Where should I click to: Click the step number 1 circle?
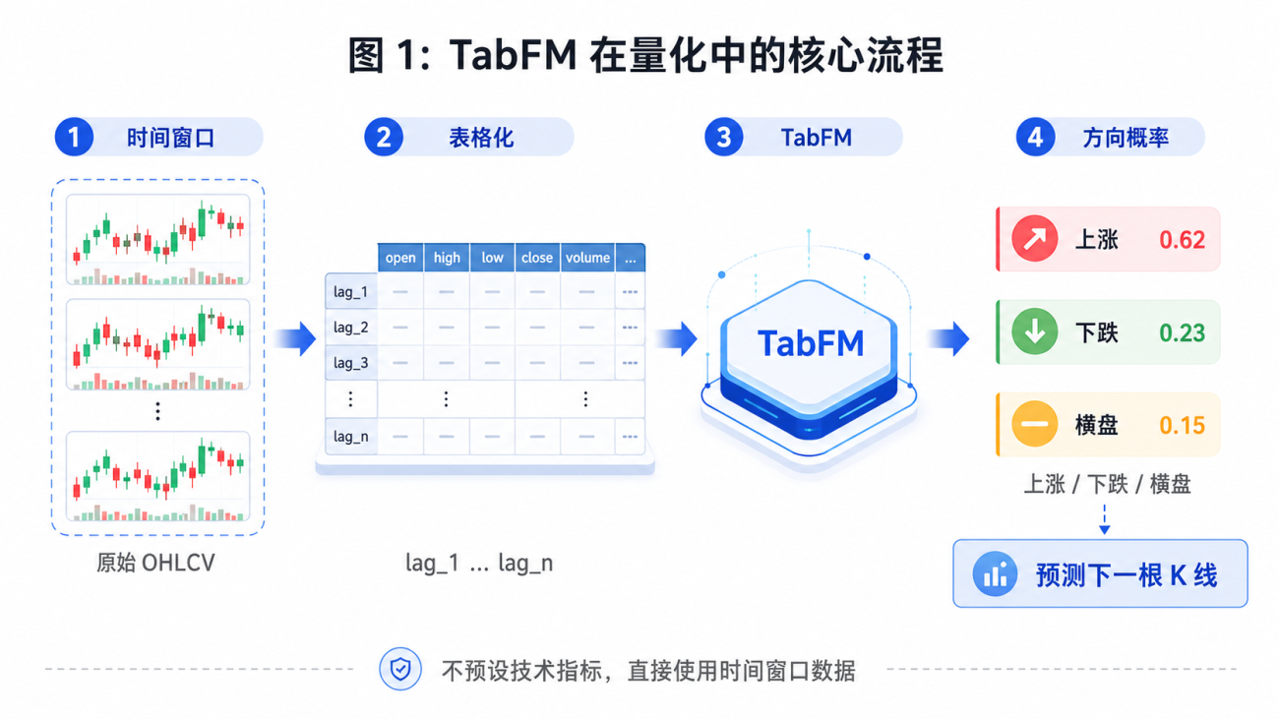click(x=74, y=137)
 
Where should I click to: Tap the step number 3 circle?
click(x=723, y=137)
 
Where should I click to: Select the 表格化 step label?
click(x=481, y=138)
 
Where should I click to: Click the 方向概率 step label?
click(x=1126, y=138)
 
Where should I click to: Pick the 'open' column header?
click(x=400, y=258)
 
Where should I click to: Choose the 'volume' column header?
click(x=587, y=258)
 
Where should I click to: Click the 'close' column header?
click(x=537, y=258)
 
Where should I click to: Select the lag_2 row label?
click(x=350, y=328)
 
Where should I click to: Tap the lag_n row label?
click(x=350, y=437)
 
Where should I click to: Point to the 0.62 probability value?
click(x=1182, y=240)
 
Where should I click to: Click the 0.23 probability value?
click(x=1182, y=332)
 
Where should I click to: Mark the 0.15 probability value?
click(x=1182, y=425)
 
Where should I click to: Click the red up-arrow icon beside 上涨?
click(x=1035, y=239)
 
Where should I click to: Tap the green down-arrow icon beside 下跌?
click(x=1035, y=331)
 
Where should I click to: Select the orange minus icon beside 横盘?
click(x=1035, y=424)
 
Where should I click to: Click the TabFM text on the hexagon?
click(x=811, y=343)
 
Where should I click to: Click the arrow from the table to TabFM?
click(x=677, y=339)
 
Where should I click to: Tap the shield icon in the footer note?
click(x=400, y=669)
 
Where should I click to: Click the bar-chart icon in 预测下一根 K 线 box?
click(x=995, y=573)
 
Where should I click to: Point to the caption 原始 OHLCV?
click(x=155, y=564)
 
